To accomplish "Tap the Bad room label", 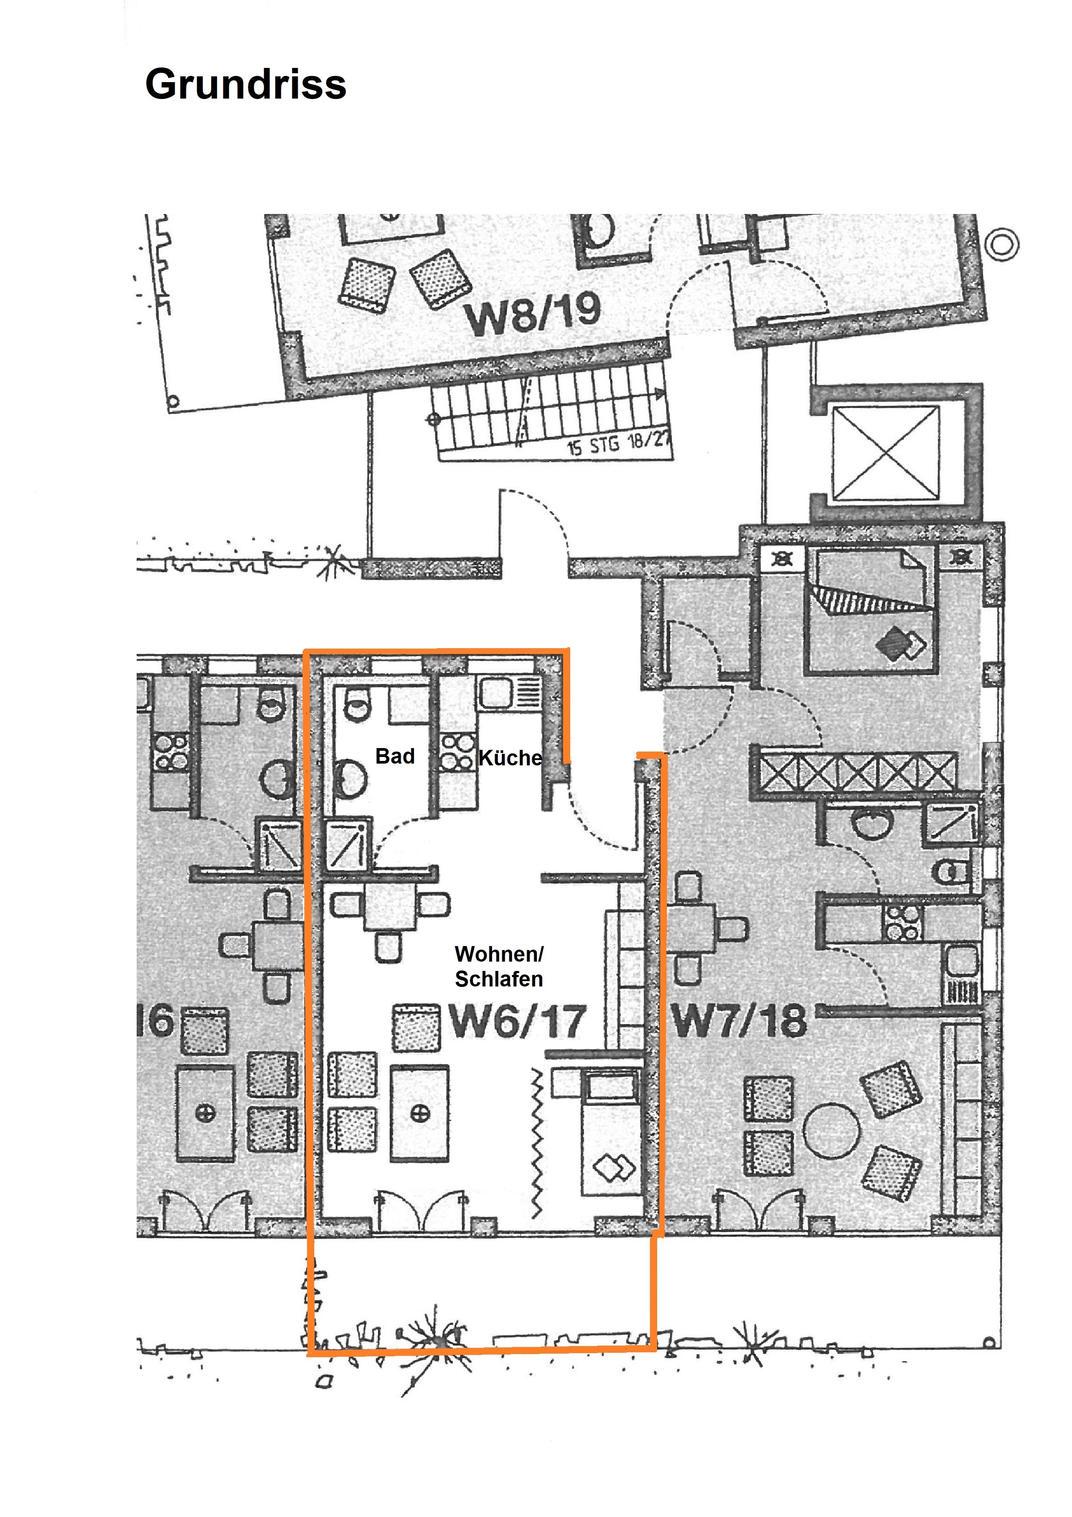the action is pyautogui.click(x=395, y=756).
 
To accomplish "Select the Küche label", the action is pyautogui.click(x=510, y=757).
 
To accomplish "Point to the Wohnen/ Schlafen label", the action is pyautogui.click(x=499, y=966).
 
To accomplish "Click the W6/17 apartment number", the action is pyautogui.click(x=517, y=1022).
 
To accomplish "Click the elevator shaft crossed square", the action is pyautogui.click(x=885, y=453).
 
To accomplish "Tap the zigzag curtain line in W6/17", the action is pyautogui.click(x=537, y=1143).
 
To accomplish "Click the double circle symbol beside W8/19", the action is pyautogui.click(x=1001, y=244).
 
